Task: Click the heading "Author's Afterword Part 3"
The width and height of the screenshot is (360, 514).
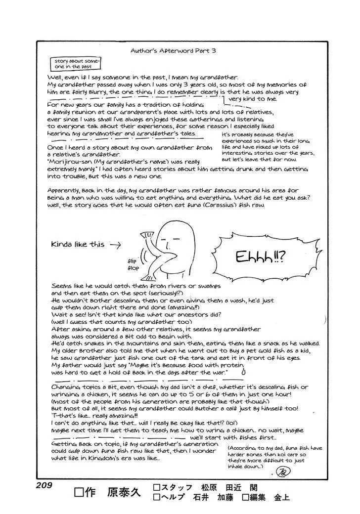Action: click(173, 50)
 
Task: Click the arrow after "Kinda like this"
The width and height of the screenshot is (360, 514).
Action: click(114, 245)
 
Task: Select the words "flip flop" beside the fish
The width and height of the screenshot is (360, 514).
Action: click(134, 265)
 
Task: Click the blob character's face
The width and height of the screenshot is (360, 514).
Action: click(171, 243)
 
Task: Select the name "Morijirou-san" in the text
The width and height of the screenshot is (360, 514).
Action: click(70, 162)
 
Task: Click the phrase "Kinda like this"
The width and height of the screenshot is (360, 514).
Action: click(78, 245)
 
